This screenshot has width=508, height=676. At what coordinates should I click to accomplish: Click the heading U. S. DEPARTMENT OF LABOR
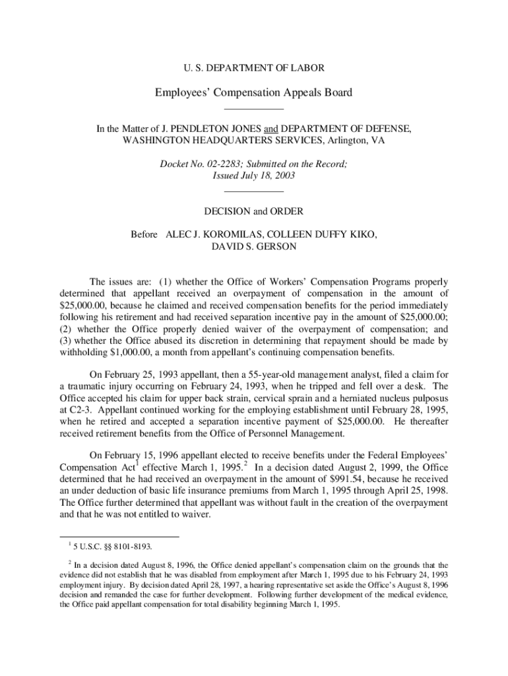click(253, 67)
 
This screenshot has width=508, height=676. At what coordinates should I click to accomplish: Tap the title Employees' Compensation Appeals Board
click(253, 92)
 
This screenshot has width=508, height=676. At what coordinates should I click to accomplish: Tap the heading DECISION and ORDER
click(254, 211)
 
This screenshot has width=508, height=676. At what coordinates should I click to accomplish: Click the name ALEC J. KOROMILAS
click(215, 234)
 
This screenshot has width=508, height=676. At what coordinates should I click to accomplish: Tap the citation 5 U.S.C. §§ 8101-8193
click(113, 546)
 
